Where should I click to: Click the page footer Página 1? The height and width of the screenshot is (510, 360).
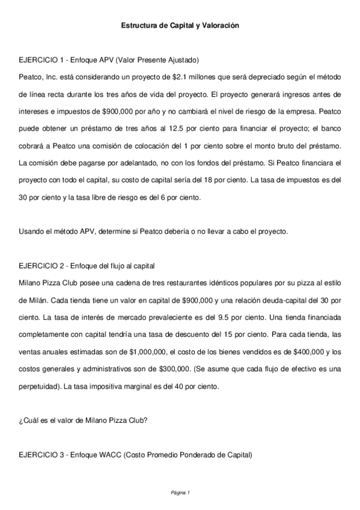coord(180,493)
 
